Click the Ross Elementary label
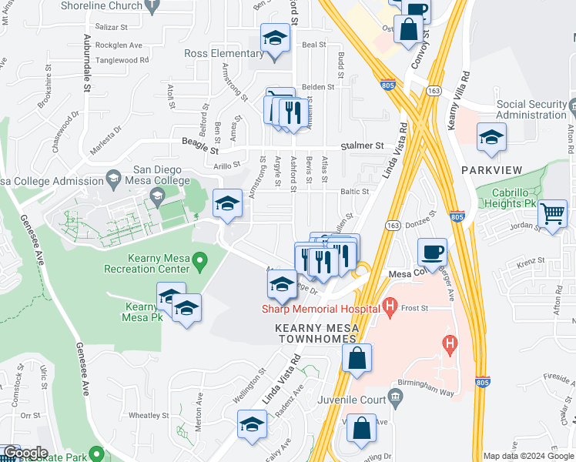pos(224,53)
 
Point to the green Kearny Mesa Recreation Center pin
pos(200,263)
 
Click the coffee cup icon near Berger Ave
pos(432,251)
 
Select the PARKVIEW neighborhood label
pos(492,169)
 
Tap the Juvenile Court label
pos(354,400)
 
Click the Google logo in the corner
pos(25,453)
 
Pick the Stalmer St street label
pos(363,145)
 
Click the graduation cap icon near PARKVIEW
pos(491,136)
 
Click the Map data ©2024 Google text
pos(527,456)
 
